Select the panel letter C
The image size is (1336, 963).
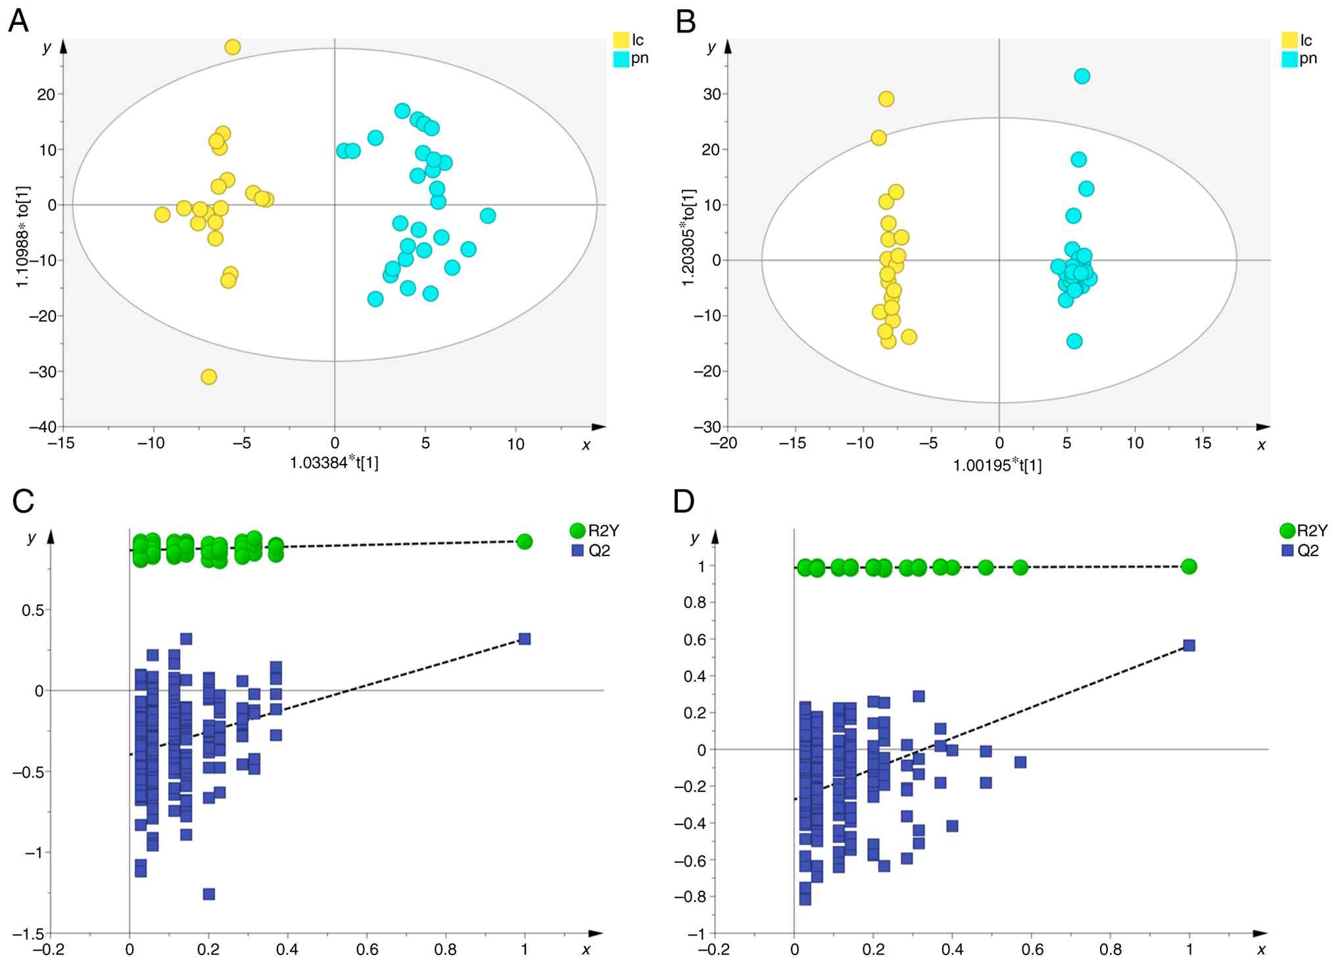24,502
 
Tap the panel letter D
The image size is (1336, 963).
684,502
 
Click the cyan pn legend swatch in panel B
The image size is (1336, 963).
1289,59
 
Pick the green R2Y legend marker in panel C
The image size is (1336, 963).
577,530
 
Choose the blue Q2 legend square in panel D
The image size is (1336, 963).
1287,550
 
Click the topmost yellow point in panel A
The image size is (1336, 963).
233,47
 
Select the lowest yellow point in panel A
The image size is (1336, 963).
209,377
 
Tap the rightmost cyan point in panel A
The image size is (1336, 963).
487,216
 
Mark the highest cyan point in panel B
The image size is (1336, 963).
1082,76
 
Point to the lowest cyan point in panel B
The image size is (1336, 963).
1074,341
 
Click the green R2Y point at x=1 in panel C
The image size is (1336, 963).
524,542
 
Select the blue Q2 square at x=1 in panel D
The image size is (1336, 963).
1189,646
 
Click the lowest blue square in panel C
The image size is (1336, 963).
209,894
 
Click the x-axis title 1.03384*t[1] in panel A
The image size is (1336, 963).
334,463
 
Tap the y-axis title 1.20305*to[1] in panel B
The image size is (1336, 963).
688,237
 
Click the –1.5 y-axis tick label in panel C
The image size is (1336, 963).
28,934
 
